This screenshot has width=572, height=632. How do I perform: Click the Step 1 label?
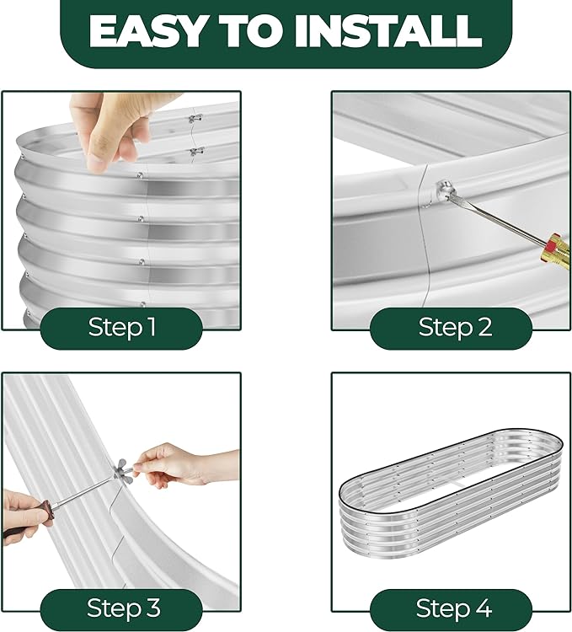pos(121,327)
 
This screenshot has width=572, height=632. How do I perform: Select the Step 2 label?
pos(455,327)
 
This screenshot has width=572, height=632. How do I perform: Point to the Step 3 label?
pos(124,608)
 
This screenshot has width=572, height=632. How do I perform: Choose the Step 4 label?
pos(453,608)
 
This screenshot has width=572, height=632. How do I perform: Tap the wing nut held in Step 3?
pos(124,469)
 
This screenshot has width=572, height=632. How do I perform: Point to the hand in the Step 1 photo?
pos(113,129)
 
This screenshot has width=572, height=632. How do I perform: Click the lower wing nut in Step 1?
pos(196,152)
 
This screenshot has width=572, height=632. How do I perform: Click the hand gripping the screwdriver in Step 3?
pos(26,515)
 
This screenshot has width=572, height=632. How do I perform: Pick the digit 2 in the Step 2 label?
pos(484,327)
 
